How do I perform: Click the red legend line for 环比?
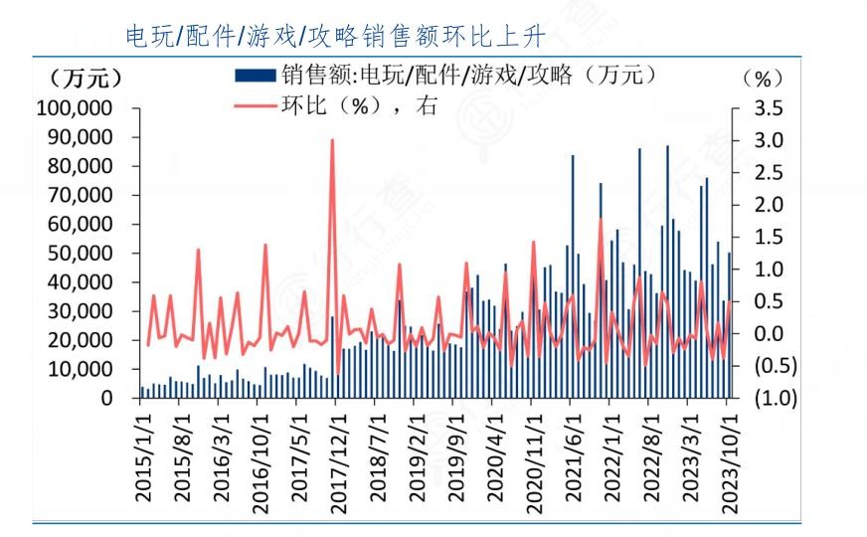[256, 105]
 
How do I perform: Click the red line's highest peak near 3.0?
[331, 141]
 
